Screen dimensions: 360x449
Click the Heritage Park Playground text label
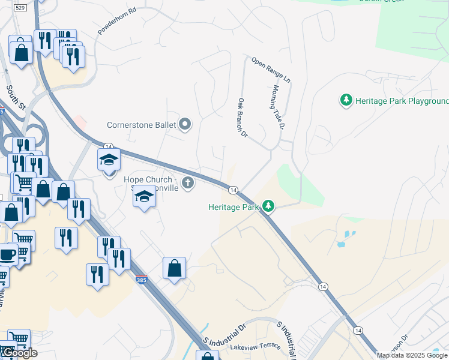(402, 100)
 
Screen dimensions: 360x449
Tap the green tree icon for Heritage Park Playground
(346, 100)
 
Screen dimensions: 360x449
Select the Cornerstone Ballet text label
(141, 125)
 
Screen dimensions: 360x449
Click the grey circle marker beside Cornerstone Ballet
(185, 125)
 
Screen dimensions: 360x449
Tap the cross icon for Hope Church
(188, 182)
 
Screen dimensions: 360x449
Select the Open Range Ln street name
(271, 70)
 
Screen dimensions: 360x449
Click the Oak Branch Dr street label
(243, 118)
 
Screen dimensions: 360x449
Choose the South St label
(16, 98)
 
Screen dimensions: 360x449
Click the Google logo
(20, 353)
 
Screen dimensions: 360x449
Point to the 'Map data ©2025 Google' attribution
(412, 355)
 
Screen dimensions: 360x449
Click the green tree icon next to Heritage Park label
(268, 206)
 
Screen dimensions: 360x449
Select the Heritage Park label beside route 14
(234, 207)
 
